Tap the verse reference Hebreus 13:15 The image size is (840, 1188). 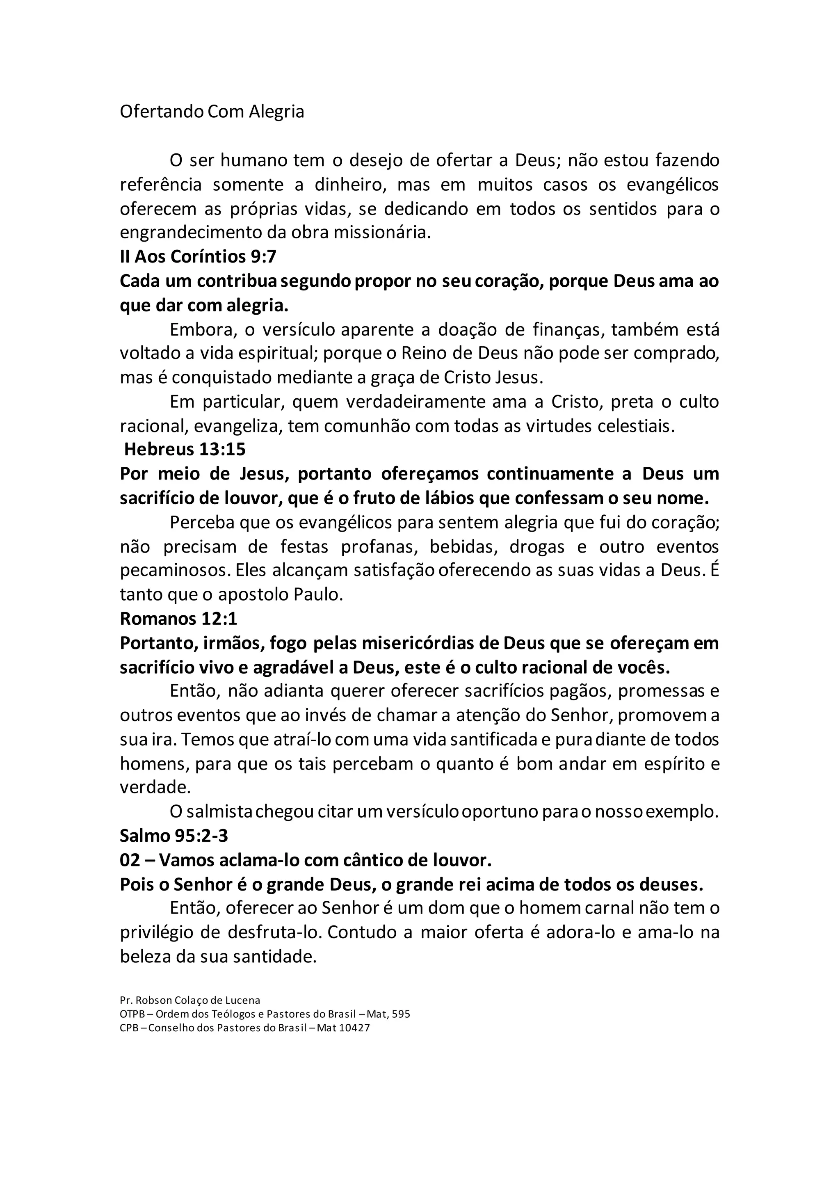[x=185, y=449]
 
